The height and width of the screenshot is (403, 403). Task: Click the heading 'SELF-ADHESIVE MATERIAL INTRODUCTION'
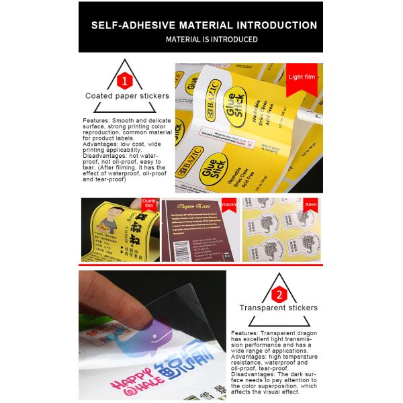point(203,25)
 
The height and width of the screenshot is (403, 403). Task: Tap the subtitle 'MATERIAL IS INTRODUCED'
point(203,40)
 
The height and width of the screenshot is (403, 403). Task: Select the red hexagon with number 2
point(278,294)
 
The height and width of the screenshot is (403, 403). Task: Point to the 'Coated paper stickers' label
point(127,96)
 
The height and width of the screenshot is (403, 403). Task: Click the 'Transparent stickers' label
point(278,308)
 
